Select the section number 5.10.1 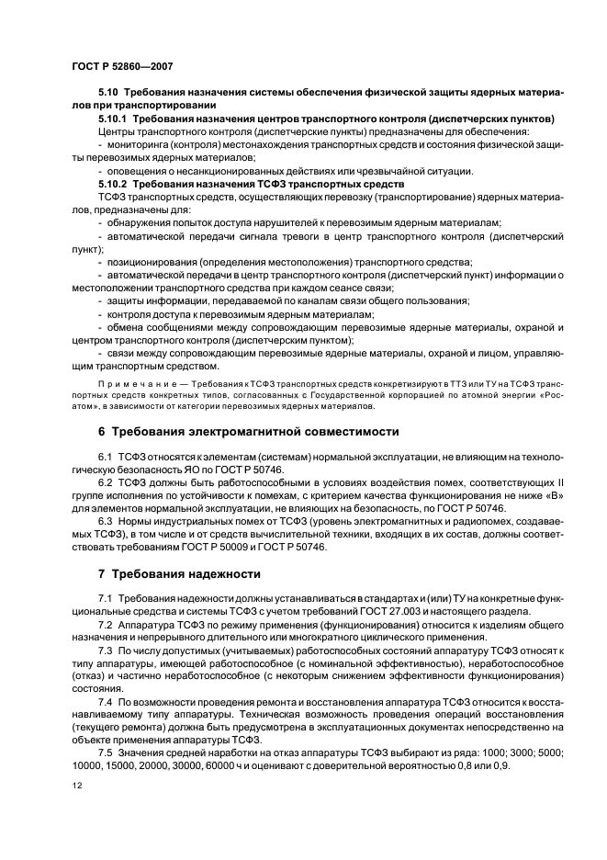click(x=114, y=119)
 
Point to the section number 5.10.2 click(x=114, y=184)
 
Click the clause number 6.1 click(x=105, y=456)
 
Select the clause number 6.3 click(x=105, y=520)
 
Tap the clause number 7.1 click(x=105, y=597)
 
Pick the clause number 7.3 click(x=105, y=650)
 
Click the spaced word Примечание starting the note click(x=133, y=381)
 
